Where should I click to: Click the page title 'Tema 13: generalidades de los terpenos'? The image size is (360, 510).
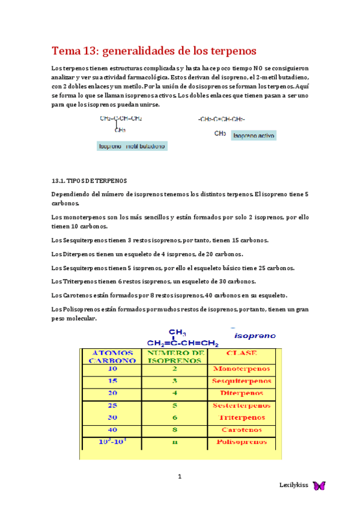pos(154,50)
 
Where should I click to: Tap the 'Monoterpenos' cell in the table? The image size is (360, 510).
pos(240,369)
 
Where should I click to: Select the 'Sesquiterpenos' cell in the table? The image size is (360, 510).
pos(241,381)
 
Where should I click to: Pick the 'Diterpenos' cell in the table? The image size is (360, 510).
pos(242,393)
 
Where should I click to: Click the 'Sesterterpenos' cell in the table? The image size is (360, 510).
pos(241,406)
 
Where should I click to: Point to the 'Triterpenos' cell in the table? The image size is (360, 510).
pos(242,417)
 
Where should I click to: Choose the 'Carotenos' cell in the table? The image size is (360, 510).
pos(242,429)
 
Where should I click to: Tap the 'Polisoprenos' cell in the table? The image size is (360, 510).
pos(241,442)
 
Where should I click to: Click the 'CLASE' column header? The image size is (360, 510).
pos(241,353)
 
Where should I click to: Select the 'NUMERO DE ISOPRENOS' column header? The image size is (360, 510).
pos(174,356)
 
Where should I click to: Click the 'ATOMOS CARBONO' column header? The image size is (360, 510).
pos(113,356)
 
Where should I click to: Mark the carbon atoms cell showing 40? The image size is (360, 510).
pos(113,429)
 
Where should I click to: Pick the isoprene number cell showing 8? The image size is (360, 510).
pos(174,429)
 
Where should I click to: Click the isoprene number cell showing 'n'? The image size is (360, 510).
pos(174,442)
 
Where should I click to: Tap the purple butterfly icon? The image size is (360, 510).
pos(319,485)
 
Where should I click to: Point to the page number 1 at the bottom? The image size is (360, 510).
pos(179,477)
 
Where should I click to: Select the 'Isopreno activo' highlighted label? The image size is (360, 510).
pos(254,136)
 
